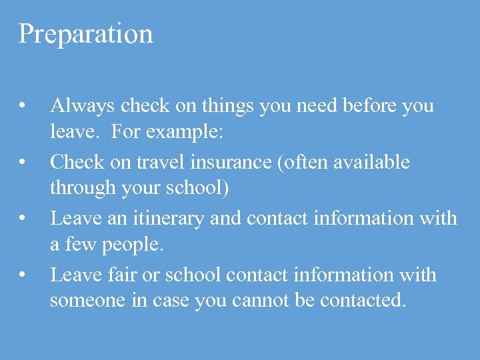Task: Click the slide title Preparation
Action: click(85, 34)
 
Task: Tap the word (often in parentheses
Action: click(317, 162)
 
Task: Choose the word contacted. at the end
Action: click(363, 301)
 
